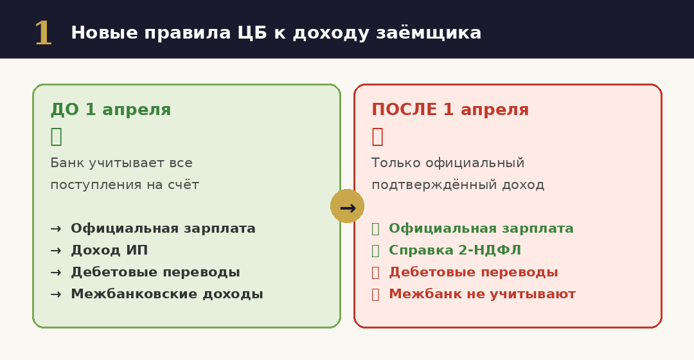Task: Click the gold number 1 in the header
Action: pyautogui.click(x=43, y=33)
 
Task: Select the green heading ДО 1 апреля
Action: pyautogui.click(x=111, y=110)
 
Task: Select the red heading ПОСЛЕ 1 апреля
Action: pyautogui.click(x=450, y=110)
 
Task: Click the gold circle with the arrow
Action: pyautogui.click(x=347, y=206)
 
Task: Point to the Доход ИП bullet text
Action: pyautogui.click(x=109, y=251)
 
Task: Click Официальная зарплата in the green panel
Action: pyautogui.click(x=163, y=229)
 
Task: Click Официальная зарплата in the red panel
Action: pyautogui.click(x=481, y=229)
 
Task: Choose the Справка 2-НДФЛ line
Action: pyautogui.click(x=455, y=251)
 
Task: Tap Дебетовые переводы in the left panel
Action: pyautogui.click(x=156, y=273)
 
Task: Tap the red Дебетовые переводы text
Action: pyautogui.click(x=474, y=273)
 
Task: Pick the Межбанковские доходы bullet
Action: pyautogui.click(x=167, y=294)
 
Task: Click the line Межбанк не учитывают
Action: pyautogui.click(x=482, y=294)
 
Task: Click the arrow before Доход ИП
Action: pyautogui.click(x=56, y=251)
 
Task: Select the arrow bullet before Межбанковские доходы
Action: pyautogui.click(x=56, y=294)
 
